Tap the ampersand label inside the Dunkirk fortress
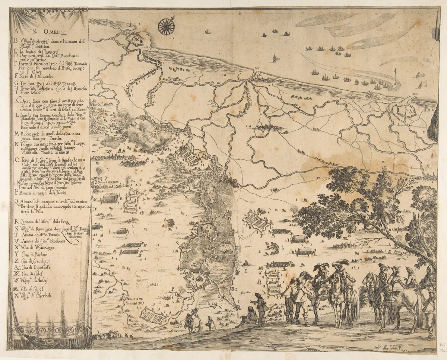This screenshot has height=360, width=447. pyautogui.click(x=410, y=111)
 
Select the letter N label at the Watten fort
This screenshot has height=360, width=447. pyautogui.click(x=230, y=174)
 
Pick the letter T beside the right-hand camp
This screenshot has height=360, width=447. pyautogui.click(x=261, y=236)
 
